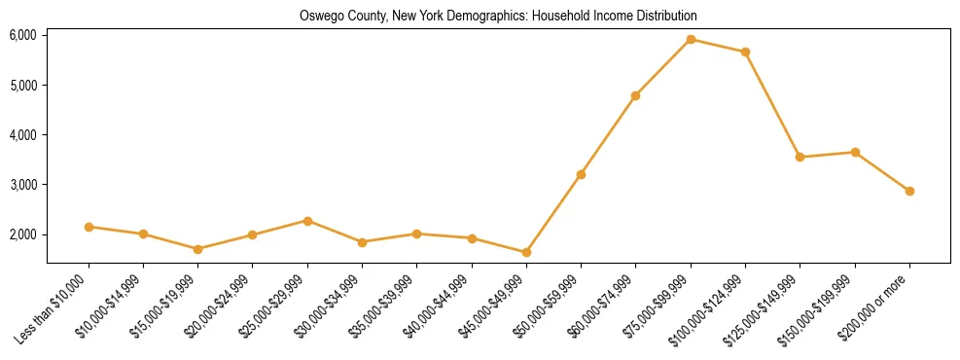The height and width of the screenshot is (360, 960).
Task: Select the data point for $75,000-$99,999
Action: point(691,40)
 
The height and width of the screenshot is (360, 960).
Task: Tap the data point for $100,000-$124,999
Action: point(745,52)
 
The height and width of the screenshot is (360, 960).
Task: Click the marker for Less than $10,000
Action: point(89,227)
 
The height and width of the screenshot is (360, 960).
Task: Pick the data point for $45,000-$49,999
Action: point(526,252)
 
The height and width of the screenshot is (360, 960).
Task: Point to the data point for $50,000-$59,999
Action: point(581,174)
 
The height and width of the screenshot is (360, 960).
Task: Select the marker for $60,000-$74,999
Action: point(635,95)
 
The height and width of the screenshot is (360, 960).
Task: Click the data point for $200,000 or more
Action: point(909,191)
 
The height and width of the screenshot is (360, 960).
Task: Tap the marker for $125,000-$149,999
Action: point(800,157)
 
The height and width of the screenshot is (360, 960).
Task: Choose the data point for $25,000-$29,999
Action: point(307,221)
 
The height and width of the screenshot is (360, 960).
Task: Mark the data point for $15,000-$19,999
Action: point(197,249)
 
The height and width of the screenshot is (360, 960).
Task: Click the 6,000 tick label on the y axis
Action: point(22,35)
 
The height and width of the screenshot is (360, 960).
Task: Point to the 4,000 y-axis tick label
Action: point(22,134)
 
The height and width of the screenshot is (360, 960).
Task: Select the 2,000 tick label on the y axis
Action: point(22,234)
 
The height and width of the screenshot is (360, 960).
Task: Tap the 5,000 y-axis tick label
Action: point(22,85)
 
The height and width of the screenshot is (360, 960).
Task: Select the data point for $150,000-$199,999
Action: point(855,152)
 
